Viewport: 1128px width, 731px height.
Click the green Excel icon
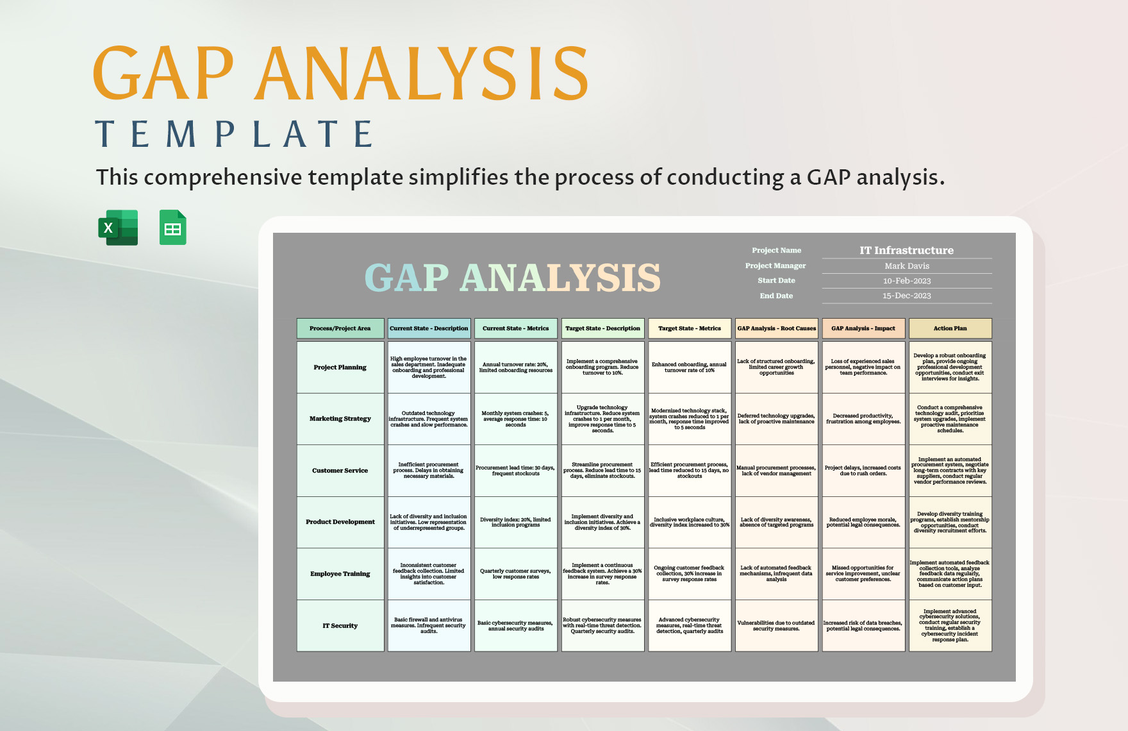[118, 228]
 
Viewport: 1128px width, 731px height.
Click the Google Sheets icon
[172, 228]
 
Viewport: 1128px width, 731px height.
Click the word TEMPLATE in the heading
[235, 135]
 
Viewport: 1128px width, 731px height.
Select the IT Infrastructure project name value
[906, 250]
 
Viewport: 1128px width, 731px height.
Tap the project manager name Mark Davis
[906, 265]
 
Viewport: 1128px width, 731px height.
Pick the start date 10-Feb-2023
[906, 281]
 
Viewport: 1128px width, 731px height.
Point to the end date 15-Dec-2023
[906, 296]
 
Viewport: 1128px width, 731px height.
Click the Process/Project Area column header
[340, 328]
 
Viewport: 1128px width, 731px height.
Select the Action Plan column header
[950, 328]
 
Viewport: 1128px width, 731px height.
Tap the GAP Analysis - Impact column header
[863, 328]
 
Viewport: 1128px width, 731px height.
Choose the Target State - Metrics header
[689, 328]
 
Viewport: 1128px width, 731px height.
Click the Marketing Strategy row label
[340, 419]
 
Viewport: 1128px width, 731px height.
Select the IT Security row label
[340, 626]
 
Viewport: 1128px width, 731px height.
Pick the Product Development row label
[340, 522]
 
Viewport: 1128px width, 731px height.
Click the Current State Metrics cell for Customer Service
[515, 471]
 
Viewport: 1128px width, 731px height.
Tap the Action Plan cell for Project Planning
[950, 367]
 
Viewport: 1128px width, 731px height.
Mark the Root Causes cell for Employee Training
[776, 573]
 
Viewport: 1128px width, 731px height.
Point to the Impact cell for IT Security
[863, 626]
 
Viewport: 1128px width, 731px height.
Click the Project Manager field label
[775, 265]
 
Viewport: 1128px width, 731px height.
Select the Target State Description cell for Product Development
[602, 522]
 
